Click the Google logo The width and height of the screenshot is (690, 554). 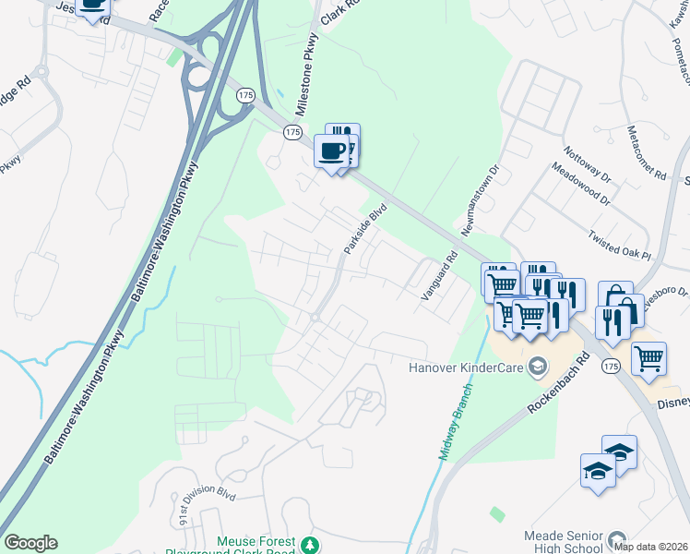pyautogui.click(x=30, y=543)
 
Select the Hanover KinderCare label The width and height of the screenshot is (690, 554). pyautogui.click(x=466, y=368)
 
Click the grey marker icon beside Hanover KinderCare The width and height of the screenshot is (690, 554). pyautogui.click(x=537, y=368)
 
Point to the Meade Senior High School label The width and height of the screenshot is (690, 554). pyautogui.click(x=562, y=542)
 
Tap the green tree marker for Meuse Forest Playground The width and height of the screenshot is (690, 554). pyautogui.click(x=313, y=544)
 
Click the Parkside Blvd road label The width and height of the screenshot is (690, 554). pyautogui.click(x=363, y=230)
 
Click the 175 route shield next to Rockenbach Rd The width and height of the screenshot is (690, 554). pyautogui.click(x=610, y=367)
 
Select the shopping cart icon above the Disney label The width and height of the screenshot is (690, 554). pyautogui.click(x=648, y=358)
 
